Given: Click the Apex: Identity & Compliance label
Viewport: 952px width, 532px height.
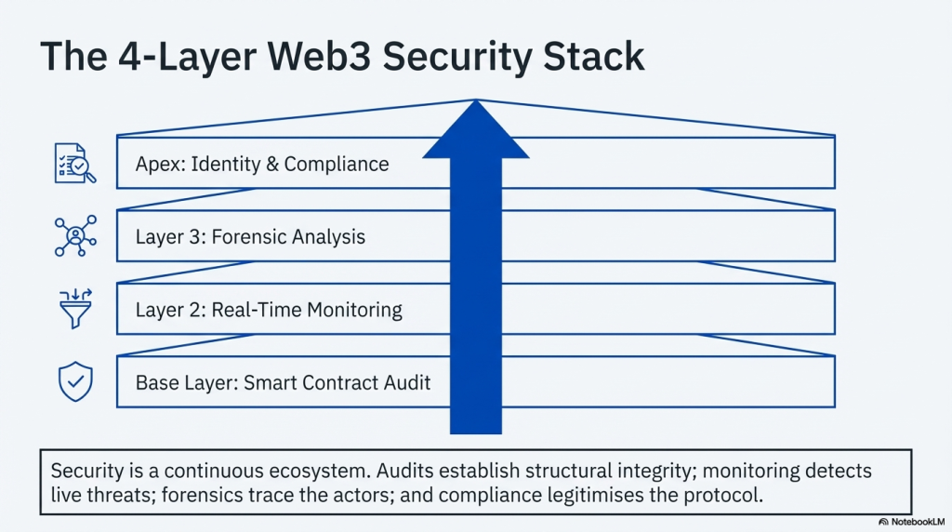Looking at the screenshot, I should pos(262,165).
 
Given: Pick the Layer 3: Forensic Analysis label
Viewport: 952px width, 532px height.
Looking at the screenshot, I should pos(250,236).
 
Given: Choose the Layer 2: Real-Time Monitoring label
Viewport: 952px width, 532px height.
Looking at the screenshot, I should pos(269,309).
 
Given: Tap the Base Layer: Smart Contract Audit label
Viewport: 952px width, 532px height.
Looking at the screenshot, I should pos(283,382).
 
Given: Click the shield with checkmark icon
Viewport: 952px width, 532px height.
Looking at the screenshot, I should pos(75,382).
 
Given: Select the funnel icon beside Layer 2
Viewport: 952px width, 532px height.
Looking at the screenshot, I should pos(75,309).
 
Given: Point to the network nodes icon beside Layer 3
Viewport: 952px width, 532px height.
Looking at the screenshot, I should pos(75,236).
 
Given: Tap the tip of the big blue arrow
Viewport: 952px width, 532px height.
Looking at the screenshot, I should pos(476,102).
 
